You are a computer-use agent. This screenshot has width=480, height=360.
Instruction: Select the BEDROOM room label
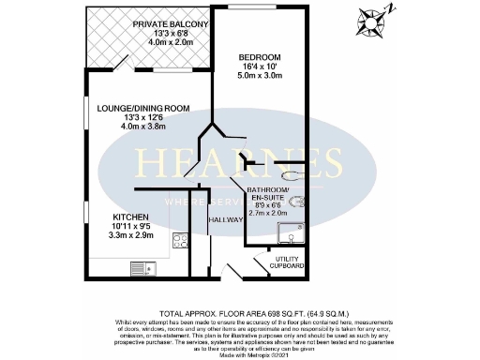[x=256, y=56]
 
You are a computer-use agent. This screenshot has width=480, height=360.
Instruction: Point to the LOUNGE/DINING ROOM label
[x=143, y=109]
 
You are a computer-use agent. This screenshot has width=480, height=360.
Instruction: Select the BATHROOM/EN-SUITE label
[x=272, y=194]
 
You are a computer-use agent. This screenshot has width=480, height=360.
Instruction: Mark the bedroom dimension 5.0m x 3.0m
[x=256, y=78]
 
